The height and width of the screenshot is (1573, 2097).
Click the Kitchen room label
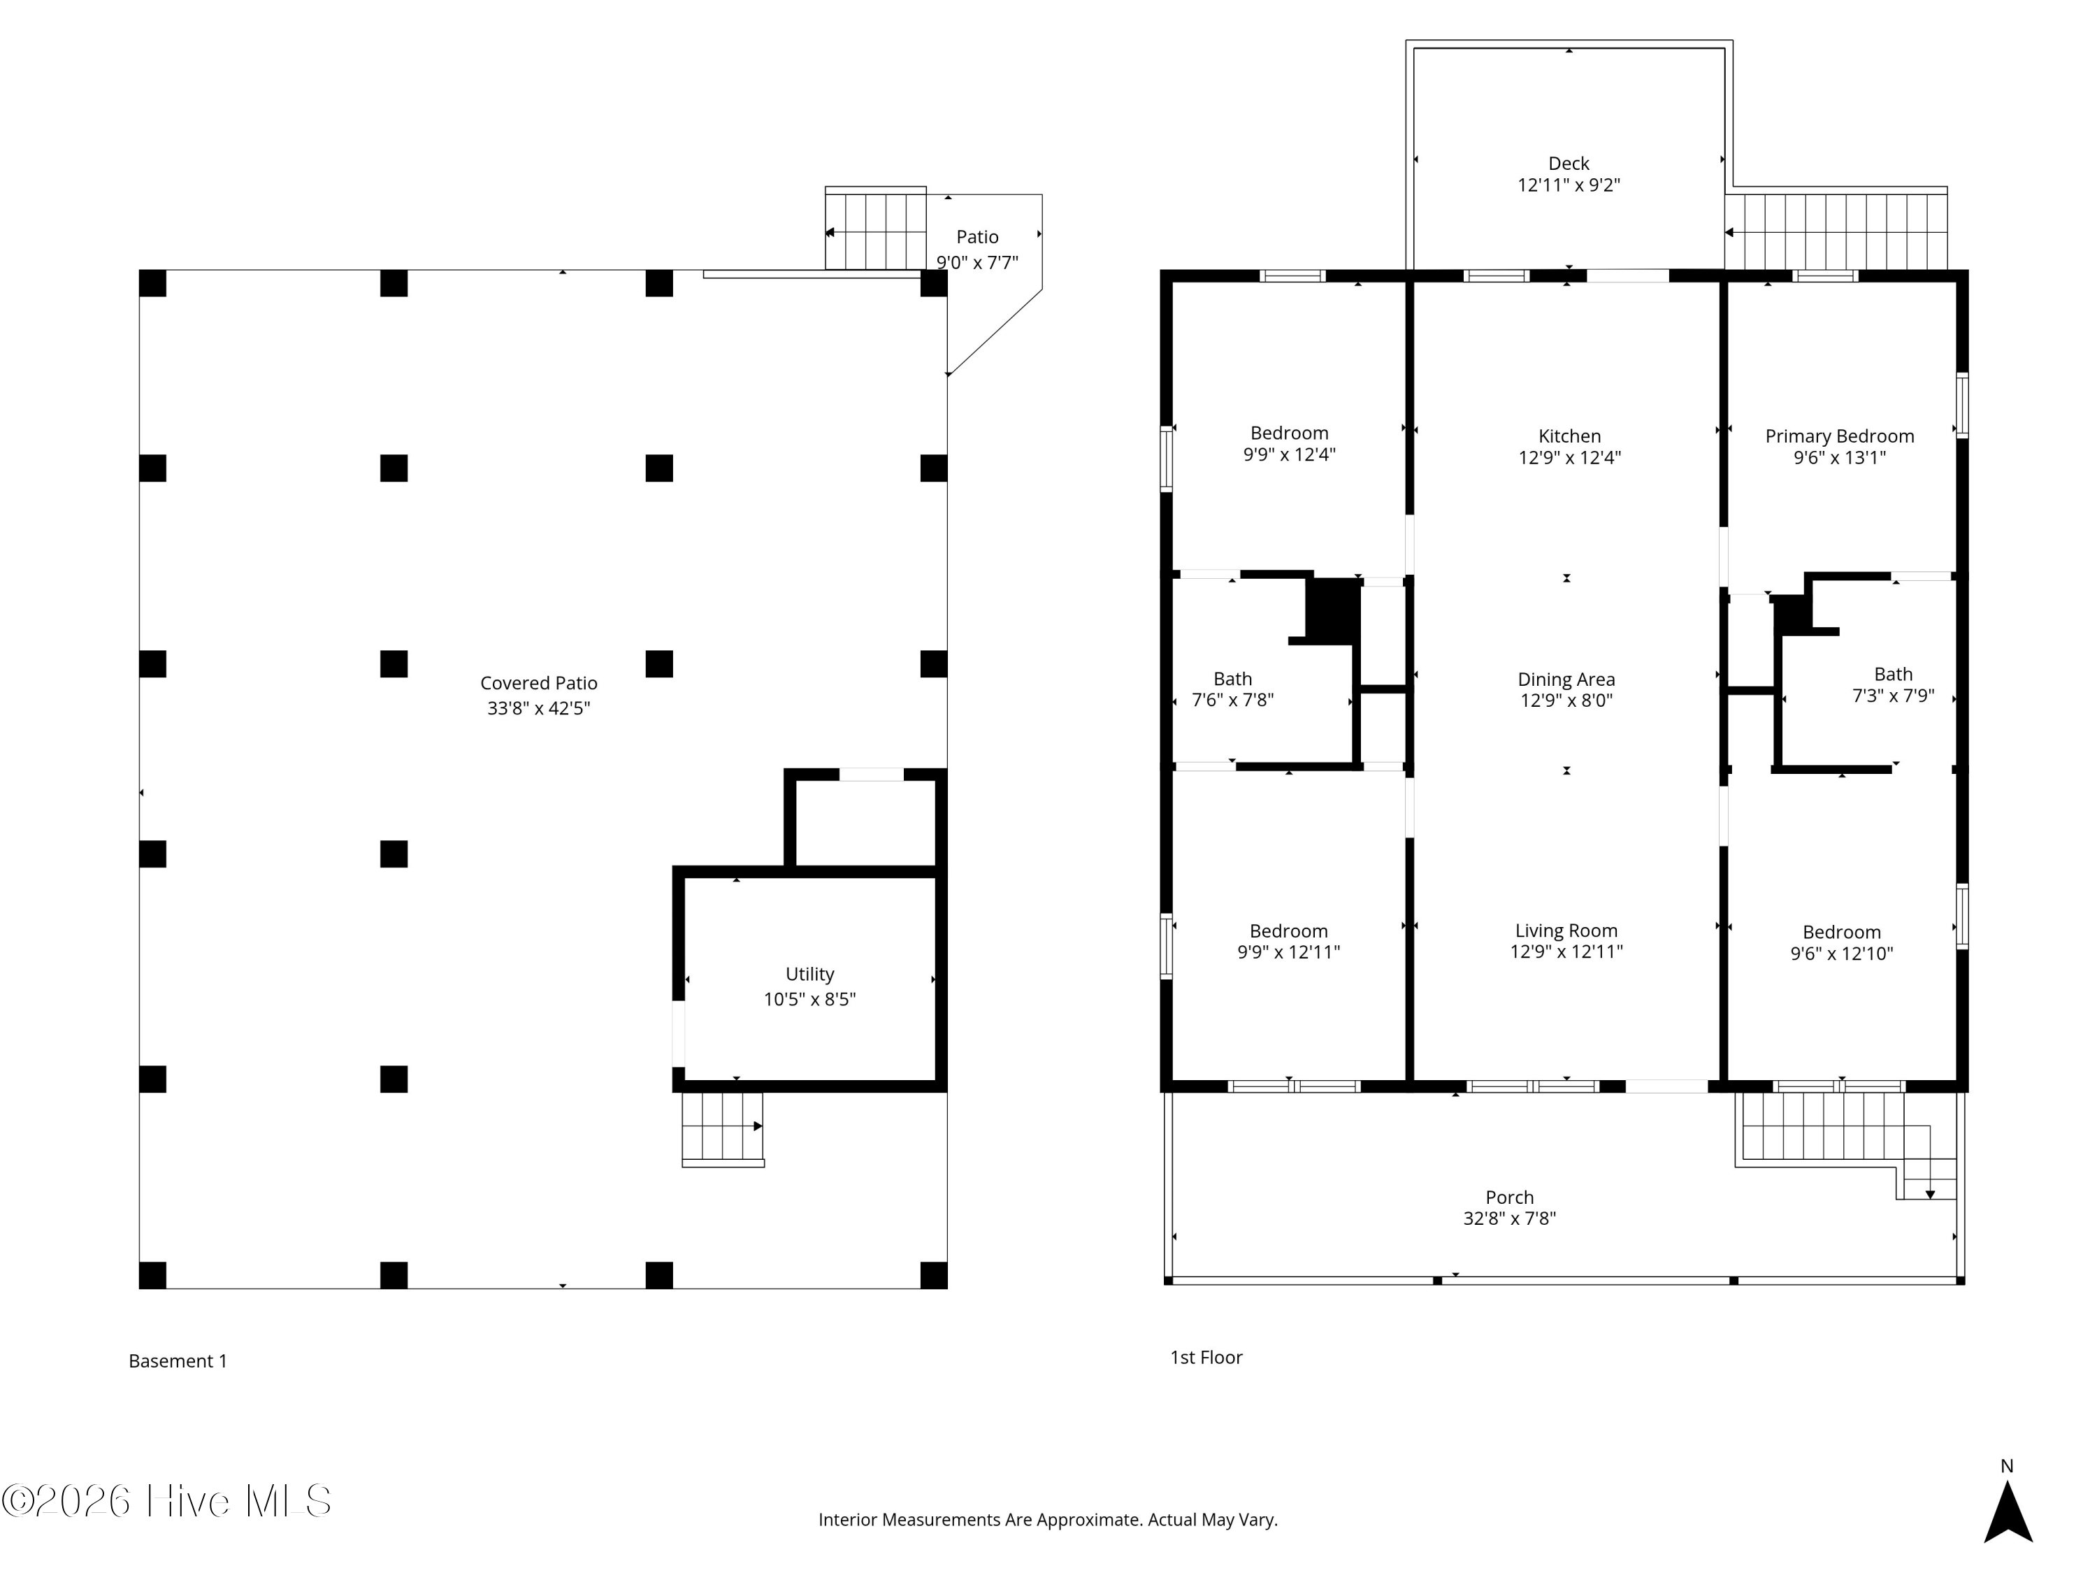pos(1569,436)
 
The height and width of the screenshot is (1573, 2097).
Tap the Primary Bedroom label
pos(1839,436)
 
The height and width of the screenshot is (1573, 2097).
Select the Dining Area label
pos(1566,679)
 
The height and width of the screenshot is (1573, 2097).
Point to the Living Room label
pos(1566,931)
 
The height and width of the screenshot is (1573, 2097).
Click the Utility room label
pos(809,974)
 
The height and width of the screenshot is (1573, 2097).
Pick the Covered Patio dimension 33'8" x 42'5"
pos(538,708)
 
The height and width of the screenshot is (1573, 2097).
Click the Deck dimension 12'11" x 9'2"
pos(1569,185)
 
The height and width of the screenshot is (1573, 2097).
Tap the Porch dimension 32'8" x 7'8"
pos(1509,1219)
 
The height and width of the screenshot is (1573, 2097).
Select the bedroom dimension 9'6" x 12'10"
pos(1841,954)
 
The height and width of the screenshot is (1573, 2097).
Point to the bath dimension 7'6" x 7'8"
pos(1232,701)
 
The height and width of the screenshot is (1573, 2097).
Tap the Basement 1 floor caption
pos(178,1360)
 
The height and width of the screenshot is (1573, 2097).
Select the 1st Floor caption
pos(1206,1357)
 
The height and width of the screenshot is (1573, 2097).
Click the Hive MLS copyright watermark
pos(167,1501)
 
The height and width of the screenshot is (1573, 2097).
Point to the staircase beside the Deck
pos(1836,231)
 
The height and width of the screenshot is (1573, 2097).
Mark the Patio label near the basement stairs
pos(977,237)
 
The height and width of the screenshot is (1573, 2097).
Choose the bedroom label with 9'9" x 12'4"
pos(1289,433)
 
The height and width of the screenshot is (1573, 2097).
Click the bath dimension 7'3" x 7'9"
pos(1893,696)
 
